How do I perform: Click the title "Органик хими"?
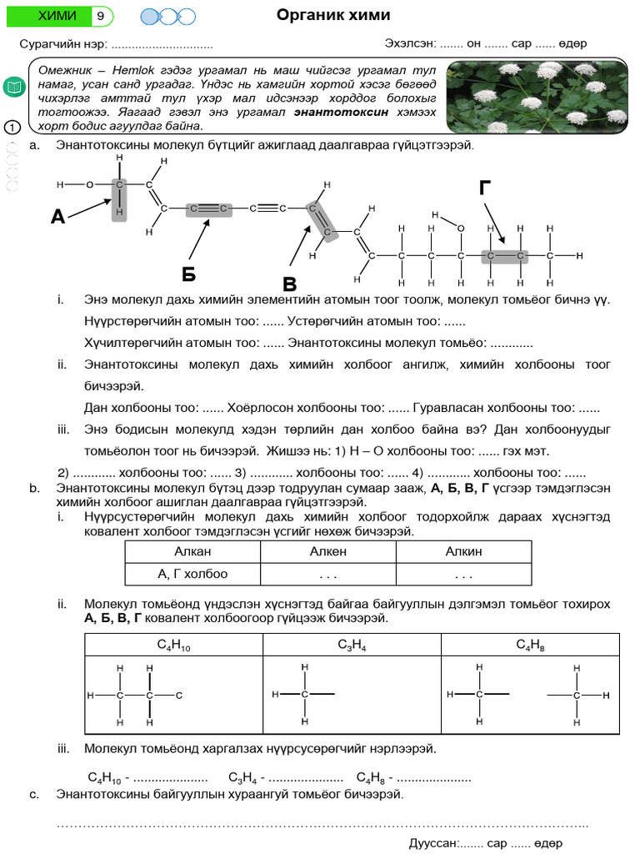(332, 16)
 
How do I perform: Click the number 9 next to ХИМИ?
(100, 16)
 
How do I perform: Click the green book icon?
(14, 87)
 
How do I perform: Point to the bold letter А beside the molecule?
(57, 218)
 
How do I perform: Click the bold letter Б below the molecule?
(189, 274)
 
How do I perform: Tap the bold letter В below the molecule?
(289, 283)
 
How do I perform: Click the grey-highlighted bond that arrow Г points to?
(504, 255)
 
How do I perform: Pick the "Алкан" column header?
(192, 551)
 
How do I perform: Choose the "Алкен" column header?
(327, 551)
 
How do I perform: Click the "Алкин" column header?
(463, 551)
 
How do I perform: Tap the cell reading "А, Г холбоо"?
(192, 574)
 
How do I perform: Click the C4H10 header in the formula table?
(173, 645)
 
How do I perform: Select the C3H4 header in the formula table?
(352, 645)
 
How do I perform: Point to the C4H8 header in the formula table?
(530, 645)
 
